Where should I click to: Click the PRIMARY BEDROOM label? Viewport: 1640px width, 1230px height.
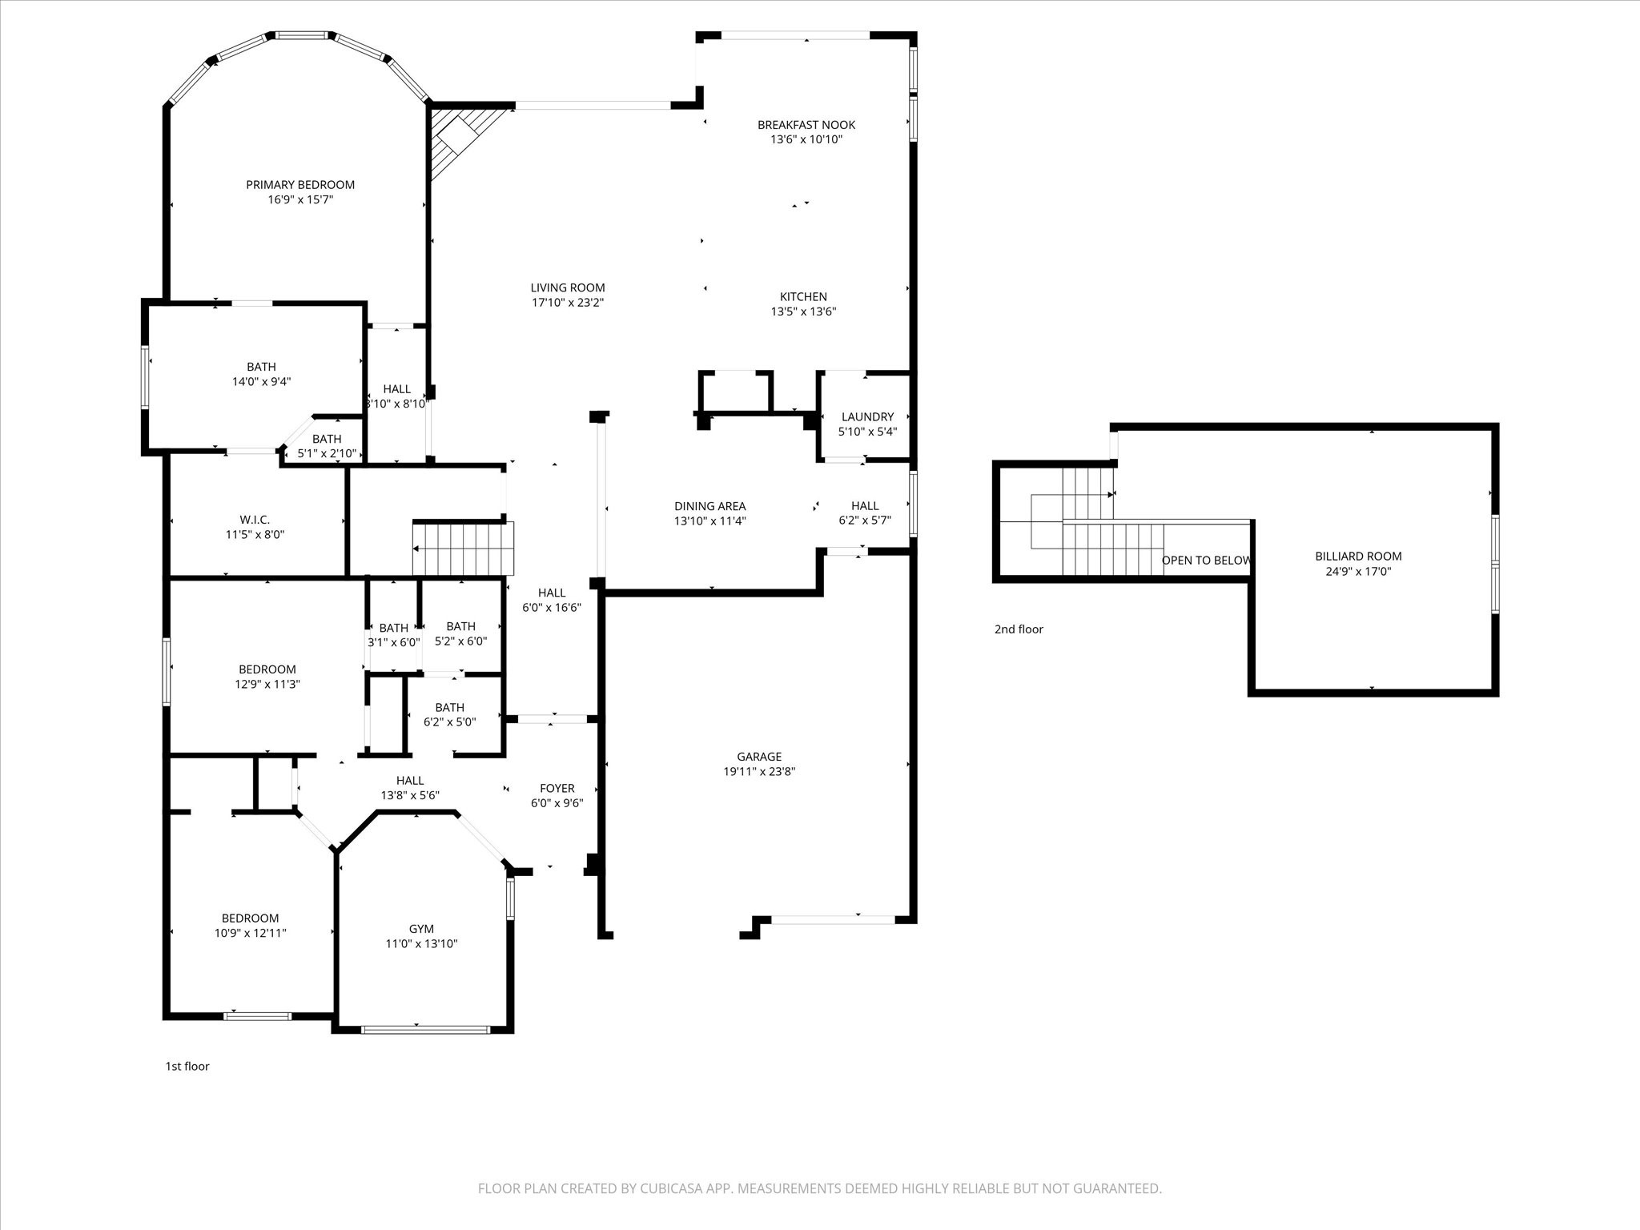300,185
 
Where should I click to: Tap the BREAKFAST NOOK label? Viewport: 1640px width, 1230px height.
806,125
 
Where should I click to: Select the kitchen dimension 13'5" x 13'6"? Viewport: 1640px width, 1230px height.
803,312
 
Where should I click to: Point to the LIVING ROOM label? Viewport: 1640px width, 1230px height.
568,287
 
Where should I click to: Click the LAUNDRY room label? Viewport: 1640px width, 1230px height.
867,417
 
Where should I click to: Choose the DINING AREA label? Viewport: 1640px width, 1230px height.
709,506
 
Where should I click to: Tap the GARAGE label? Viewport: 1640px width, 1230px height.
759,757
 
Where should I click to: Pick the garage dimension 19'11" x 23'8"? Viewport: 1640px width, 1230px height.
759,772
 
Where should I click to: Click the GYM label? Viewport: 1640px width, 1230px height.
421,929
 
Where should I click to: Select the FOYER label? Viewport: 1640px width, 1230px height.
557,789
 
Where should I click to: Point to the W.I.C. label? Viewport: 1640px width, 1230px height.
255,520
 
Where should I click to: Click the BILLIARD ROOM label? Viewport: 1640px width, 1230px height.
1358,557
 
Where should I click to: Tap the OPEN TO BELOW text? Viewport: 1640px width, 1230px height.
1206,561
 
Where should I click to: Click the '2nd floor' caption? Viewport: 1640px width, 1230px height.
1019,629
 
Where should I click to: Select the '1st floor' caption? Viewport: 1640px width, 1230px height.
187,1067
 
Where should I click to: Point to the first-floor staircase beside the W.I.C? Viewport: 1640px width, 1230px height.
463,549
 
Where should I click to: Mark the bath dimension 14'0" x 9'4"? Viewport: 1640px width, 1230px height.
261,382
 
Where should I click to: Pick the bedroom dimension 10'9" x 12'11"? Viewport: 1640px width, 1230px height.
250,933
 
